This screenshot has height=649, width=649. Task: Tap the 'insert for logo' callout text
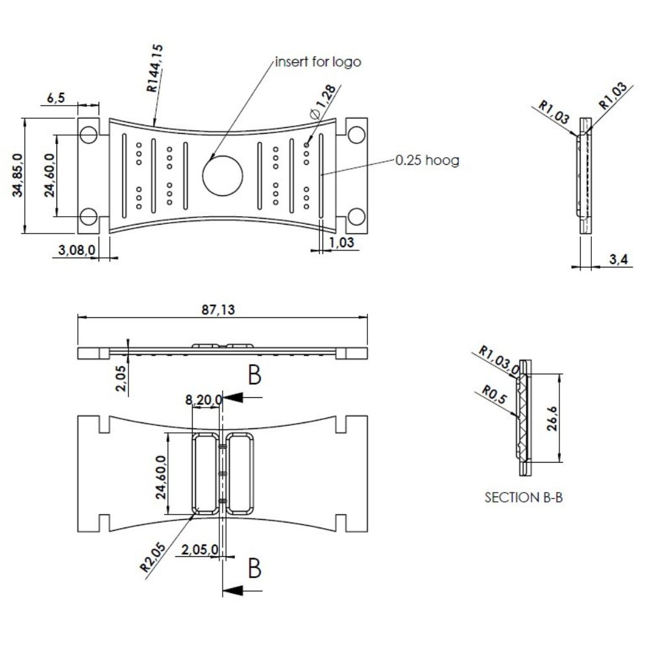318,62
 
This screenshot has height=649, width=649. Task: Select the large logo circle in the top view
223,175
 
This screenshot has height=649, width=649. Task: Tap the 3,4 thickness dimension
619,260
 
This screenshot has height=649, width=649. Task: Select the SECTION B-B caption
523,498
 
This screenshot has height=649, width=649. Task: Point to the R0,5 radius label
493,395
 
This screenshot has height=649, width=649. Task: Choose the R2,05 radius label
151,556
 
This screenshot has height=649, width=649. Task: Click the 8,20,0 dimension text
204,400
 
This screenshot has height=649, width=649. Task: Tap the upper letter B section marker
254,374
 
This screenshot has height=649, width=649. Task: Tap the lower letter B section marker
254,568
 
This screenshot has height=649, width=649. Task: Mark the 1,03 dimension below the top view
341,242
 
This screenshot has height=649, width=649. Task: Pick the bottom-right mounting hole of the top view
356,216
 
